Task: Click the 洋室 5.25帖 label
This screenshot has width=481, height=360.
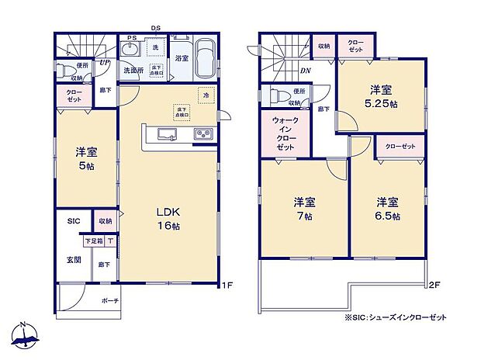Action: pos(382,96)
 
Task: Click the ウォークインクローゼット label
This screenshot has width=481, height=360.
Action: pos(285,134)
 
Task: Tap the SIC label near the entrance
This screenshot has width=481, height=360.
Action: pos(73,220)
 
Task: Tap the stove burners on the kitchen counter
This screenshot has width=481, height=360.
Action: pos(202,136)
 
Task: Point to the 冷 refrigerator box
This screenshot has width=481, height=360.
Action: pos(206,95)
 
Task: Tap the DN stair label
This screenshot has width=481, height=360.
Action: pos(306,71)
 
